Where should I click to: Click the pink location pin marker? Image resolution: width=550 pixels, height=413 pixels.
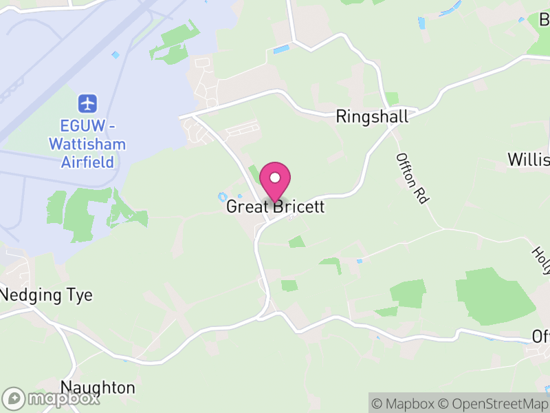275,180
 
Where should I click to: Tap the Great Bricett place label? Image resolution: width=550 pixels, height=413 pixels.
275,206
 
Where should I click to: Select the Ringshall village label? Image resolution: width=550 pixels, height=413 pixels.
372,116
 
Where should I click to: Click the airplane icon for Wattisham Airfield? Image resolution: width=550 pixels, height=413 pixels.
88,104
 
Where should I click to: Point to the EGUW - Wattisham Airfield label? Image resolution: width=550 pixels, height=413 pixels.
87,145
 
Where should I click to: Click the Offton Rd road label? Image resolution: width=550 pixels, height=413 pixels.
412,178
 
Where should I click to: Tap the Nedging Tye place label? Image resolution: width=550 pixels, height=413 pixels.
47,295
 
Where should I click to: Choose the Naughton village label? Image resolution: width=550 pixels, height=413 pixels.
98,388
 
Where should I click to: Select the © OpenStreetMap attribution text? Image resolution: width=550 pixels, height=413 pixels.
494,404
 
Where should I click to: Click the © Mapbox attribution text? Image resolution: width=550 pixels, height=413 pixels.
409,404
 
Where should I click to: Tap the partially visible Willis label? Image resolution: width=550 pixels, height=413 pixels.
529,160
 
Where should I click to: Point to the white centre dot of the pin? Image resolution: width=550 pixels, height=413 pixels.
275,178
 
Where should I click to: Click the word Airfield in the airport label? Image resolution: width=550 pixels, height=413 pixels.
87,162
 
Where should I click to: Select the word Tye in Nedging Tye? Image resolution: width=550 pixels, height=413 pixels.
78,296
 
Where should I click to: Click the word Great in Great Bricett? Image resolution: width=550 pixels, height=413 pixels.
246,206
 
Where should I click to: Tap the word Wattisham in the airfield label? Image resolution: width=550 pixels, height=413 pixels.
87,145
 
